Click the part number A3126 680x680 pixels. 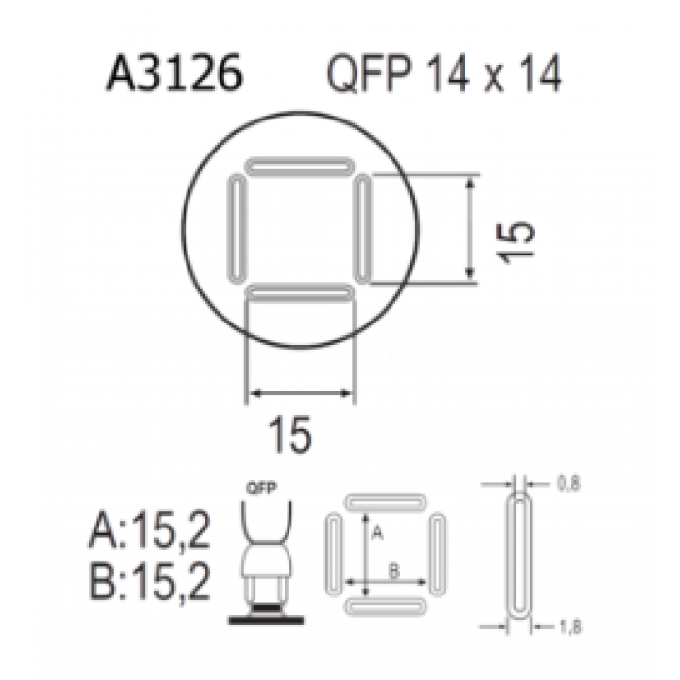pos(174,74)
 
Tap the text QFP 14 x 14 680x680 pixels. pos(445,75)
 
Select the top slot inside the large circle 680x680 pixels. pos(299,166)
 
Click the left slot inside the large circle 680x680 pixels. pos(237,228)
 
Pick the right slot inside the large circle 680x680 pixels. pos(363,228)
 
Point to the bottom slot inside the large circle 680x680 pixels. pos(299,293)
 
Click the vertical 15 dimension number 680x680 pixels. pos(516,242)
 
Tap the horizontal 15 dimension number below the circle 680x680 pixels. pos(289,434)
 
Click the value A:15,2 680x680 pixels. pos(150,530)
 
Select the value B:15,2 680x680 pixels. pos(150,581)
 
